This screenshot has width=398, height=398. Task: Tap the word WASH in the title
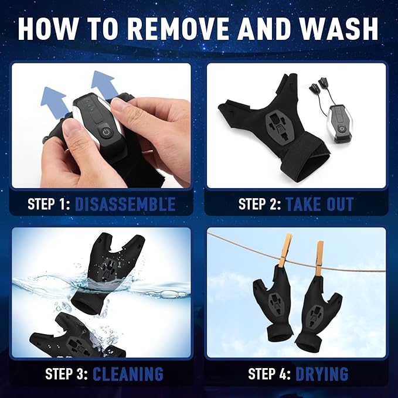tap(332, 30)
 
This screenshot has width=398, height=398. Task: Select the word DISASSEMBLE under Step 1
tap(125, 205)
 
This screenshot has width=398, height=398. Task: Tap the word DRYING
tap(322, 373)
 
